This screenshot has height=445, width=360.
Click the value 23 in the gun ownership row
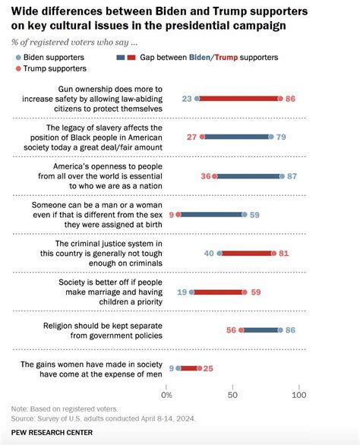click(187, 98)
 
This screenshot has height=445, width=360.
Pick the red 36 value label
click(204, 175)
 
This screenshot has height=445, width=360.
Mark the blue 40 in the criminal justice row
click(210, 253)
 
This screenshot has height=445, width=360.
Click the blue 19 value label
click(182, 292)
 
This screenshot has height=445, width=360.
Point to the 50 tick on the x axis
click(232, 396)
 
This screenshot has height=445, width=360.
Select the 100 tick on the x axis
click(298, 396)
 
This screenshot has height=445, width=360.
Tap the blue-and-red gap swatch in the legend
click(127, 57)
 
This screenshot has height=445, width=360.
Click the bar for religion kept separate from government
click(261, 330)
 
